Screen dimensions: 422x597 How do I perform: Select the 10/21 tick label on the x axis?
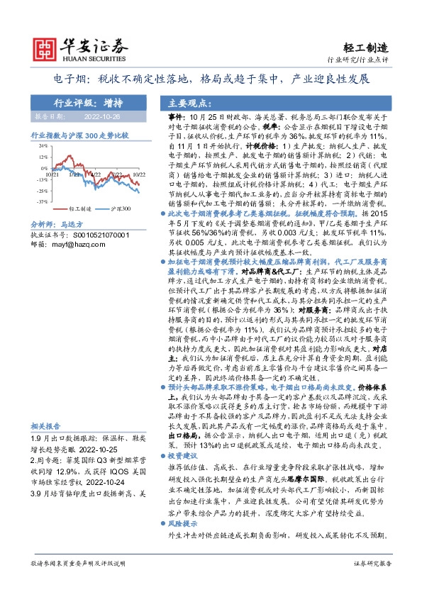click(x=52, y=172)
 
